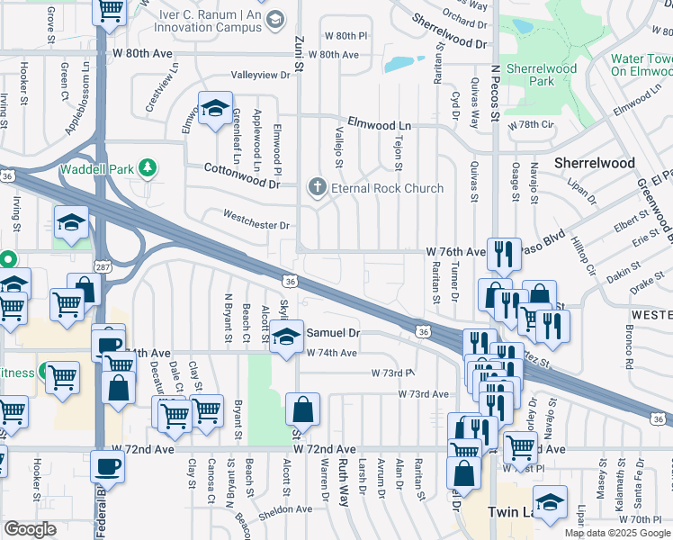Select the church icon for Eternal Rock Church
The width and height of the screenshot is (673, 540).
point(316,187)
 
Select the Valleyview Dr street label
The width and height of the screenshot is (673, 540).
point(261,75)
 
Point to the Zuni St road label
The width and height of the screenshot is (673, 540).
point(299,57)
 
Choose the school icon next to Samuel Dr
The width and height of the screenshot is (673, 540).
point(286,337)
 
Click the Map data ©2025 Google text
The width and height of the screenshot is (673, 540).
point(617,533)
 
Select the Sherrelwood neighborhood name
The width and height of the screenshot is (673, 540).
point(594,163)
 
